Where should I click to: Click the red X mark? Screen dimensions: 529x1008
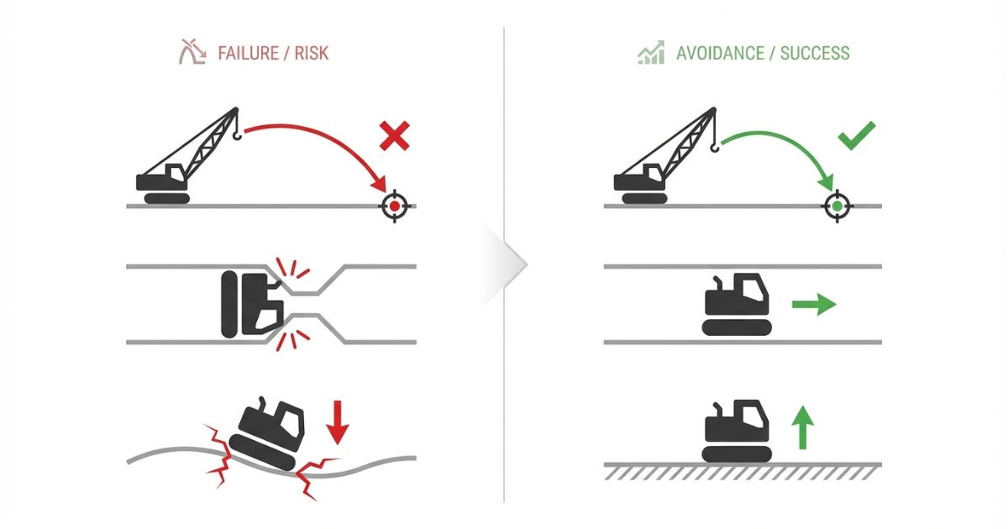point(394,135)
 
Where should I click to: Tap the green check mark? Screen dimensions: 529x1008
point(857,135)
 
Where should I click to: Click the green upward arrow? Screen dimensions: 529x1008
point(804,426)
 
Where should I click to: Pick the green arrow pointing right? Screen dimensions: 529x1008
point(814,303)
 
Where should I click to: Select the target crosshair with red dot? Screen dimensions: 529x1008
point(392,206)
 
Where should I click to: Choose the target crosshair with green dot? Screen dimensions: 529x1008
point(837,206)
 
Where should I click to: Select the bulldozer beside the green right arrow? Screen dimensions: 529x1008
point(736,304)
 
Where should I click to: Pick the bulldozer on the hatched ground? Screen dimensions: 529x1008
point(736,431)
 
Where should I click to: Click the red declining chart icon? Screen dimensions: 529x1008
point(192,53)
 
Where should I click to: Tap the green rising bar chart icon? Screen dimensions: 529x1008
point(651,53)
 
